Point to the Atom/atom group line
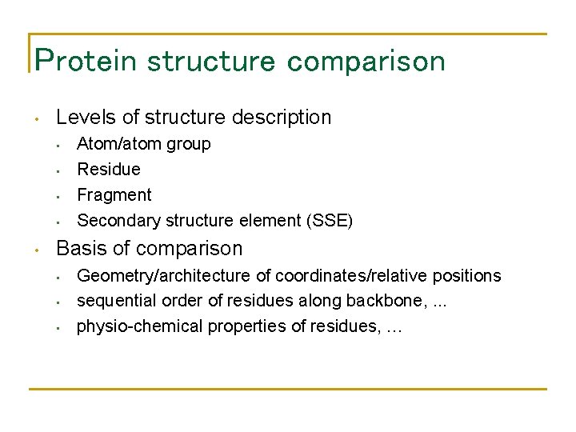(143, 144)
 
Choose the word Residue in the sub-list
(108, 170)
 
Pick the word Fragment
(114, 195)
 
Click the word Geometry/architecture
(163, 276)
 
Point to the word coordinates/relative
(349, 276)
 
